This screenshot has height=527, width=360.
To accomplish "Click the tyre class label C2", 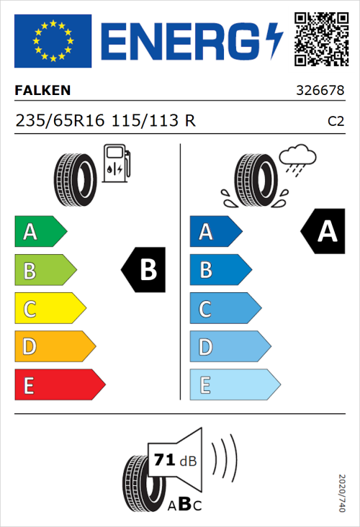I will (x=336, y=122).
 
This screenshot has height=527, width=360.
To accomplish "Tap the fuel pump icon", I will (x=116, y=163).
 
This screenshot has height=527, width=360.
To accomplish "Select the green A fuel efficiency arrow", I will (x=40, y=232).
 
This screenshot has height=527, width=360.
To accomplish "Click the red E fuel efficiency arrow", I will (x=59, y=385).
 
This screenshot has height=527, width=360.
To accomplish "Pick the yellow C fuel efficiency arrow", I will (x=49, y=309).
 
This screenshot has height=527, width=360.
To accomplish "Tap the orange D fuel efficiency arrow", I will (x=54, y=347).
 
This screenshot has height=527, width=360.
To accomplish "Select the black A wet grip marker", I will (x=323, y=231).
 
